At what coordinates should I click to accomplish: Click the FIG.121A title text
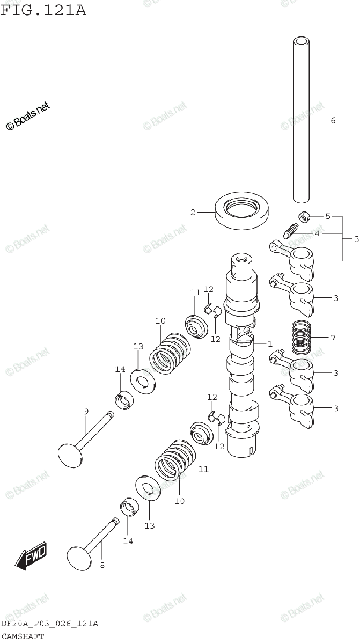point(43,10)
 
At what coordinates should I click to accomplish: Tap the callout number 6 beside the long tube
point(333,120)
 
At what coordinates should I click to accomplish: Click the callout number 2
point(193,213)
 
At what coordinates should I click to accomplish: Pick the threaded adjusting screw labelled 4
point(291,232)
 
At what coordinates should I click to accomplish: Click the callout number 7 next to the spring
point(333,338)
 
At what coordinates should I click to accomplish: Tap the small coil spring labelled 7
point(302,337)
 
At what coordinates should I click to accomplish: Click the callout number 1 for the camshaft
point(270,343)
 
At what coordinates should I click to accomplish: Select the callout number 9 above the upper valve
point(86,412)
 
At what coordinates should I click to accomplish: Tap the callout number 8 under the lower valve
point(102,565)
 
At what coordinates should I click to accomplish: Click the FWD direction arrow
point(31,556)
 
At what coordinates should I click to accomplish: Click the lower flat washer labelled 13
point(148,488)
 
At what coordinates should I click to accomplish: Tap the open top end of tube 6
point(302,40)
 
